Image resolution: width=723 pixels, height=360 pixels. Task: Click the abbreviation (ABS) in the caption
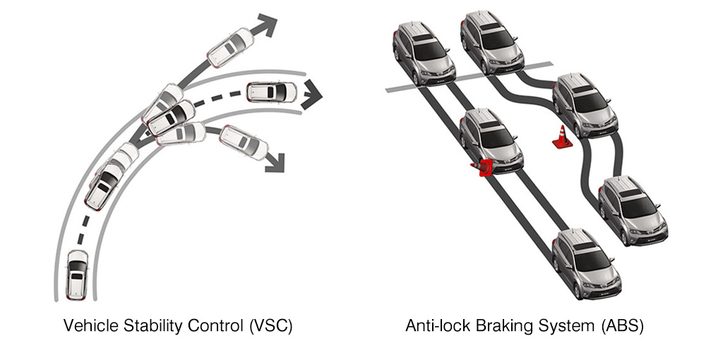(x=622, y=326)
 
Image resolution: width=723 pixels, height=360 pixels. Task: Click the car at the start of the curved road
(x=77, y=275)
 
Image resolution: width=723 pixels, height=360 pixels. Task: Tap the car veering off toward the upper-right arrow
(x=231, y=47)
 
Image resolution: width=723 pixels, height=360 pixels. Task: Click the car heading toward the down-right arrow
(x=243, y=143)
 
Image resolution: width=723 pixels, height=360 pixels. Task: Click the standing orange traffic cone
(x=562, y=138)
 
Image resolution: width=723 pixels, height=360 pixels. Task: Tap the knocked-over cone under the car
(x=483, y=167)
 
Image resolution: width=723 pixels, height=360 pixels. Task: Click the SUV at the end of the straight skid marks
(x=586, y=264)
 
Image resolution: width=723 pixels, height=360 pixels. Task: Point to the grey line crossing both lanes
(x=469, y=76)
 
